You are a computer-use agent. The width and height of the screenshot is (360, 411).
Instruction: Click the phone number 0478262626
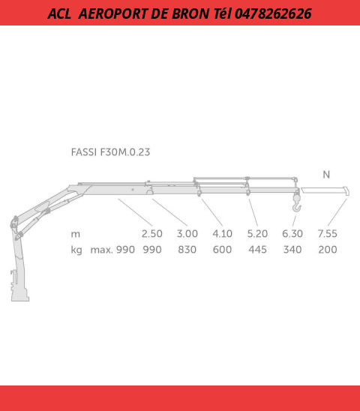pyautogui.click(x=273, y=13)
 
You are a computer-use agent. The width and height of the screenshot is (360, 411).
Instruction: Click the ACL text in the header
pyautogui.click(x=60, y=13)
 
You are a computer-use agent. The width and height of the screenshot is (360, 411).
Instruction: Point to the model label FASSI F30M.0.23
pyautogui.click(x=110, y=151)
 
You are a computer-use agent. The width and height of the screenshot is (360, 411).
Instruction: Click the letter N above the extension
pyautogui.click(x=326, y=174)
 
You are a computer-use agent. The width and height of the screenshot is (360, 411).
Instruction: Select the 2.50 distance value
pyautogui.click(x=152, y=233)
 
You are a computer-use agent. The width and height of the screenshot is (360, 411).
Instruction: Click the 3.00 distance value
pyautogui.click(x=187, y=233)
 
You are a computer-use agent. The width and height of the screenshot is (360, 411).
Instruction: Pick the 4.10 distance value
pyautogui.click(x=222, y=233)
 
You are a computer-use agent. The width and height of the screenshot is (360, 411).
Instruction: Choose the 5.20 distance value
pyautogui.click(x=257, y=233)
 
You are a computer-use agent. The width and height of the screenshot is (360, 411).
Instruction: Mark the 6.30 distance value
pyautogui.click(x=292, y=233)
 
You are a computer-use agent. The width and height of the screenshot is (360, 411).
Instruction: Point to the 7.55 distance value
pyautogui.click(x=327, y=233)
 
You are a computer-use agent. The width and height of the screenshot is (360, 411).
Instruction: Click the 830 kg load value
pyautogui.click(x=187, y=249)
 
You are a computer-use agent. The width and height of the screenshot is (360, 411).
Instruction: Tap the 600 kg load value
pyautogui.click(x=222, y=249)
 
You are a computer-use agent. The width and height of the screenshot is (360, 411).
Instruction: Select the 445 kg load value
pyautogui.click(x=257, y=249)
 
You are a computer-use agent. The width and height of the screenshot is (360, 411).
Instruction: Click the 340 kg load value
pyautogui.click(x=292, y=249)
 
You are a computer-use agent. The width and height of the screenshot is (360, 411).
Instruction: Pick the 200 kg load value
pyautogui.click(x=327, y=249)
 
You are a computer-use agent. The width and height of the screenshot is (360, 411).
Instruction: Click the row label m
pyautogui.click(x=76, y=233)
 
